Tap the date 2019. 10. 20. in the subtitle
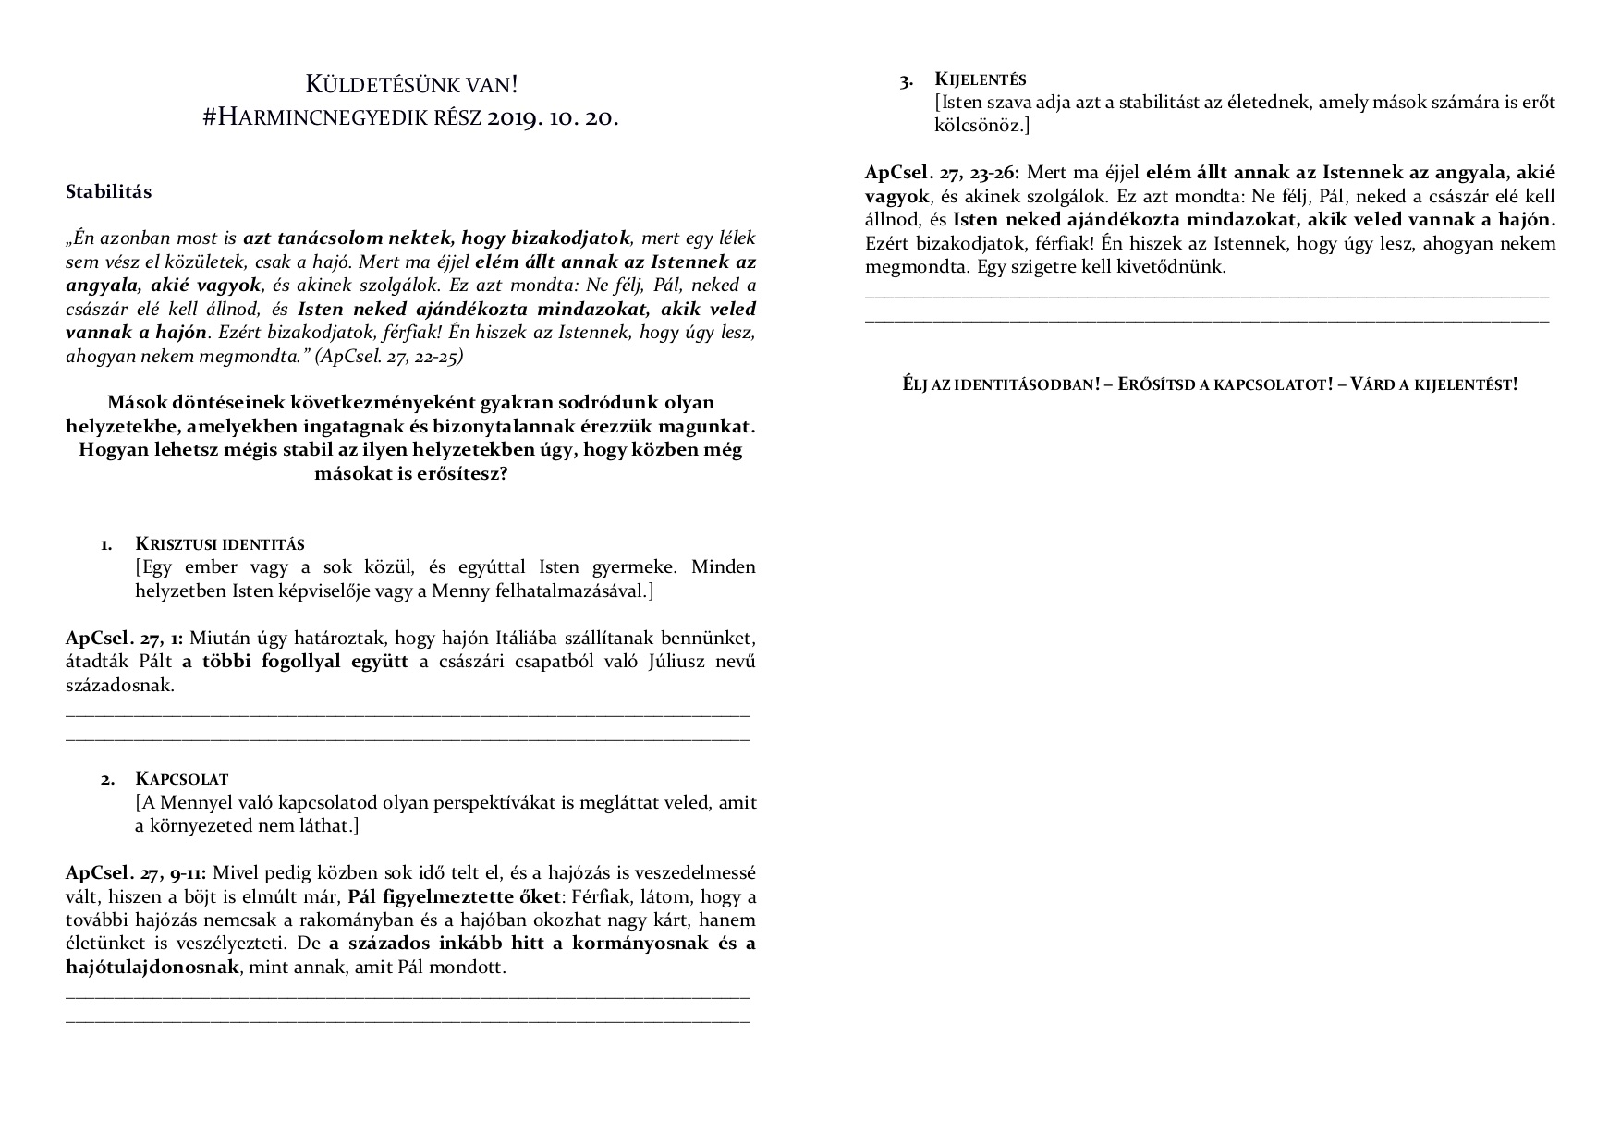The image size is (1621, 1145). click(x=552, y=117)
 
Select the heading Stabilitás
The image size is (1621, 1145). click(x=109, y=192)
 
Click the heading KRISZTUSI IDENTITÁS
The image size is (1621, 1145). click(x=220, y=543)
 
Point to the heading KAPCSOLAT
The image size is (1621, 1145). click(x=182, y=779)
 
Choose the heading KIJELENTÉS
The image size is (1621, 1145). click(x=981, y=79)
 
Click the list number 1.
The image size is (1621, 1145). click(x=107, y=544)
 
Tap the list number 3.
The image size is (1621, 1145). click(x=907, y=81)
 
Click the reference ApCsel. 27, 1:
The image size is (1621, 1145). click(x=125, y=639)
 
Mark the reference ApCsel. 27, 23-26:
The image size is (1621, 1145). click(x=943, y=173)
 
